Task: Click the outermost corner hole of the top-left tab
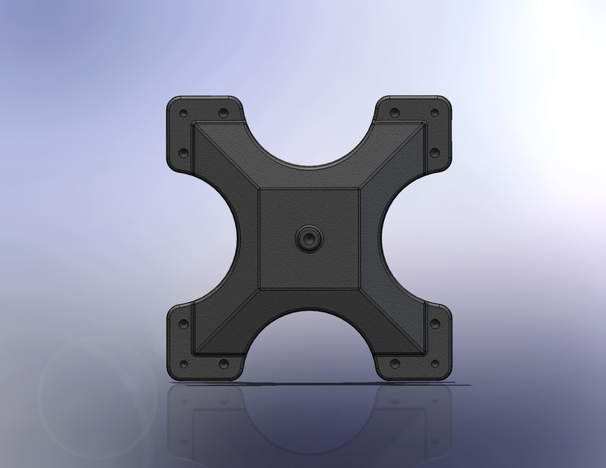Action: [183, 114]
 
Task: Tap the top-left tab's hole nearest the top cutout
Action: [223, 113]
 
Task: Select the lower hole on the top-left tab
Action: [183, 154]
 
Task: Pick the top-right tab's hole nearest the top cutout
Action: [395, 113]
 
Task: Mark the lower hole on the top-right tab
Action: [435, 153]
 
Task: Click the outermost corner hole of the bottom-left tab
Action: [183, 363]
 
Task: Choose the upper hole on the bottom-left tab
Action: [183, 323]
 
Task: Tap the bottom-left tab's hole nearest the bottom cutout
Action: [223, 363]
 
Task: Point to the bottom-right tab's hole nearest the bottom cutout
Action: [395, 363]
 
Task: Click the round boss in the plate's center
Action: [308, 238]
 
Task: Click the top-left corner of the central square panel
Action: [260, 189]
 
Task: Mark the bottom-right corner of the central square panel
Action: [359, 288]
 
